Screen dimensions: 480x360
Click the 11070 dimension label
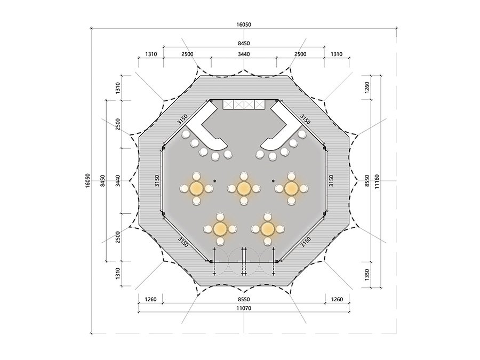point(244,308)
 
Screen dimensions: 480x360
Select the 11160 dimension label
point(377,181)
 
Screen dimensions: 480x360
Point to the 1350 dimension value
point(367,275)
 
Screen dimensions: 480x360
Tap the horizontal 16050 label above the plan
point(244,25)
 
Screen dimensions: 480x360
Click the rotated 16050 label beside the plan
point(88,181)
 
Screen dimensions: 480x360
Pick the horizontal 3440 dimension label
point(244,54)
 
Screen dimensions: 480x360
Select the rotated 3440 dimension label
point(118,181)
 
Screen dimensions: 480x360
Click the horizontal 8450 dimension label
point(244,44)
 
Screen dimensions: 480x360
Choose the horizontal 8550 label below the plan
point(244,299)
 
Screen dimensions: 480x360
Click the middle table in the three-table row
point(244,189)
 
